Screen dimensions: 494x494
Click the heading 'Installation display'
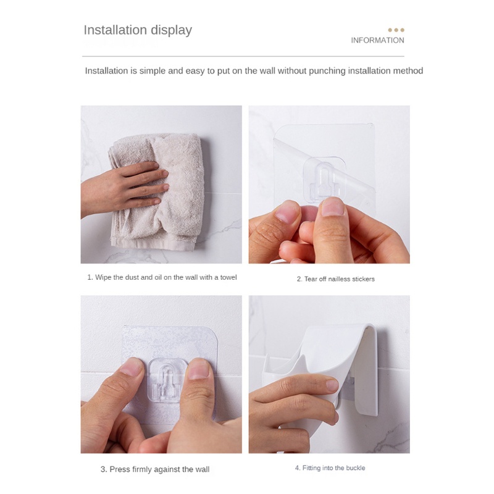(138, 30)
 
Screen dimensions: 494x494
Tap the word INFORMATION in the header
(377, 40)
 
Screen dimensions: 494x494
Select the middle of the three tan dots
(396, 30)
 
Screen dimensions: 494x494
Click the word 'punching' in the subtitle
(327, 70)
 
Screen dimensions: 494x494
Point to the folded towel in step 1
(156, 191)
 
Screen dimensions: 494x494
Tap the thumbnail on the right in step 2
(333, 207)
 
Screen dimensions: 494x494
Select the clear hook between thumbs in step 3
(166, 380)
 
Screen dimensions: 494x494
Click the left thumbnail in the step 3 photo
(132, 367)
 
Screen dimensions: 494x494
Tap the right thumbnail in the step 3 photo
(198, 369)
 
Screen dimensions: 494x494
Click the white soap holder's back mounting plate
(372, 372)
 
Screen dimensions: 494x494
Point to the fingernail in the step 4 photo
(332, 385)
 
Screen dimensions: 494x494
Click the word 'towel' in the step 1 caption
(228, 277)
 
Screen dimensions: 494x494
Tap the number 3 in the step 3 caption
(103, 469)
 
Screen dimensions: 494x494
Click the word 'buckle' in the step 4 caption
(356, 468)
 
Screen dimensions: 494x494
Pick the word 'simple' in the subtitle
(153, 71)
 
